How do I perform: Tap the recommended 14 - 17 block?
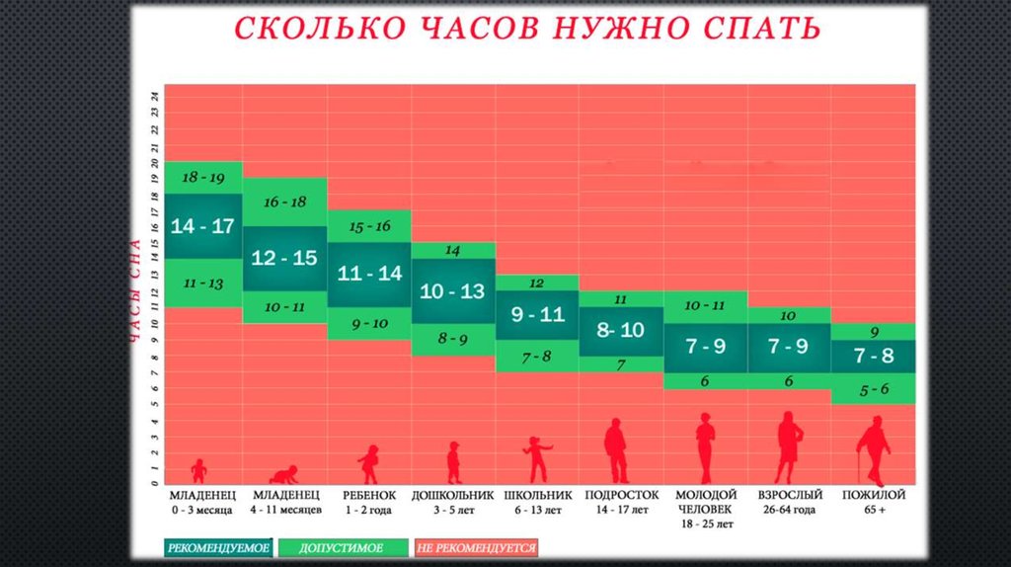click(x=202, y=225)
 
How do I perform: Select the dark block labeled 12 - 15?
click(x=284, y=258)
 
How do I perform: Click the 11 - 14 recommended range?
click(x=369, y=274)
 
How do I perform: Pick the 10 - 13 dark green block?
click(x=452, y=291)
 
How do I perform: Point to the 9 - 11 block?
click(x=537, y=315)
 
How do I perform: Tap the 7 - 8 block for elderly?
click(x=873, y=356)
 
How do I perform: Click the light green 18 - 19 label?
click(x=202, y=178)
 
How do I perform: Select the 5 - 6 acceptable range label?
click(x=873, y=389)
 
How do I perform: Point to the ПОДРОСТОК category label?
click(x=621, y=495)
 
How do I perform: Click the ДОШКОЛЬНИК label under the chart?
click(x=451, y=495)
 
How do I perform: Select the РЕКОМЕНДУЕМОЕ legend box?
click(x=218, y=546)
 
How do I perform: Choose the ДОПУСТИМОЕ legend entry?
click(x=343, y=546)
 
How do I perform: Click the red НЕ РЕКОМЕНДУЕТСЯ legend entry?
click(x=476, y=546)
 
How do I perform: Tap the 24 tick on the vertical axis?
click(x=155, y=96)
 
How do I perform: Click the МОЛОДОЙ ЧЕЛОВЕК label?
click(x=705, y=502)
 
